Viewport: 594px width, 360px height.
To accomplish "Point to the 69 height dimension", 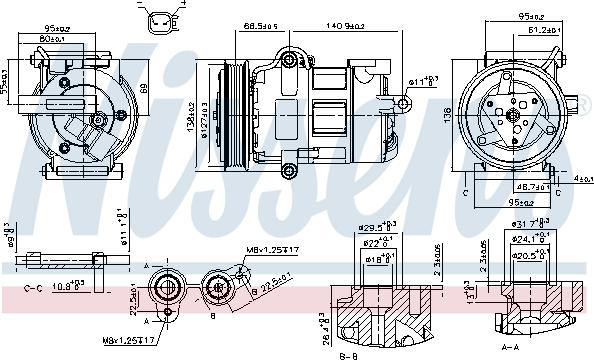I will coord(142,89).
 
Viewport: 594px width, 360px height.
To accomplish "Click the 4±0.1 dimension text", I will coord(581,179).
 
